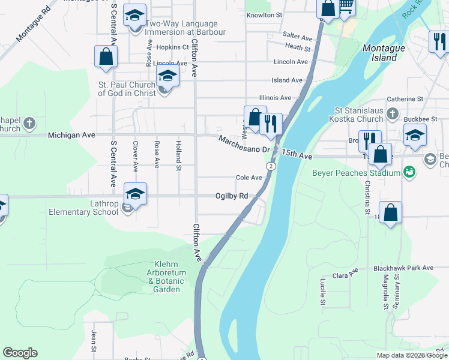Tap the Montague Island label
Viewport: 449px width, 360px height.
380,53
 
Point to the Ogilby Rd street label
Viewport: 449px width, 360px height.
232,196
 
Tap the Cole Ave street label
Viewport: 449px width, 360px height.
249,178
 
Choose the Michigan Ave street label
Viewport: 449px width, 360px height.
71,136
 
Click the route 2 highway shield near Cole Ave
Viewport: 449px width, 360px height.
271,166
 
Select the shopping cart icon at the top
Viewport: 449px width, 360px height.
345,7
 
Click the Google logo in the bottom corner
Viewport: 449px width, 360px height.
20,353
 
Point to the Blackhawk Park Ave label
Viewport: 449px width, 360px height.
403,268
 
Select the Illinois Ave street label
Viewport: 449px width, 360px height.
275,98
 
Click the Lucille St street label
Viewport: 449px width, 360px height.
322,292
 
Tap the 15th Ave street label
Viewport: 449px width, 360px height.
298,155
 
